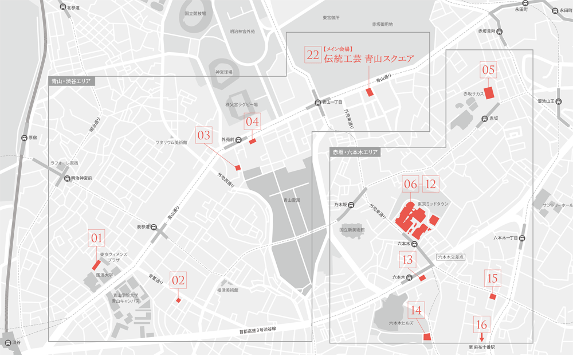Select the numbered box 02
pyautogui.click(x=179, y=280)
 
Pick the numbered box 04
pyautogui.click(x=253, y=121)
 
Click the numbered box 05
pyautogui.click(x=489, y=70)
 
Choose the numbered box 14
pyautogui.click(x=417, y=310)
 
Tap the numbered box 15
pyautogui.click(x=492, y=278)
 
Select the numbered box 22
pyautogui.click(x=313, y=55)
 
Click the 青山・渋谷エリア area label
pyautogui.click(x=71, y=81)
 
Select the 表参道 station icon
pyautogui.click(x=154, y=227)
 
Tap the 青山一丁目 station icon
pyautogui.click(x=317, y=104)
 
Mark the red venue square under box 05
pyautogui.click(x=489, y=93)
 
